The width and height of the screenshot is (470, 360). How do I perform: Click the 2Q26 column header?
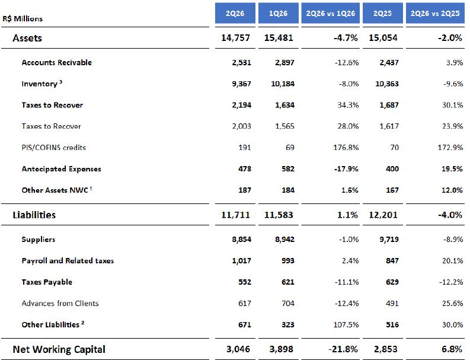235,13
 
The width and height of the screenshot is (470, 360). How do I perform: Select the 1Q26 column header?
278,13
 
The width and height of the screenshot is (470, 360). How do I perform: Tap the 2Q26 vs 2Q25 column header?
435,13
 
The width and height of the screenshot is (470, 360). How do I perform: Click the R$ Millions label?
23,18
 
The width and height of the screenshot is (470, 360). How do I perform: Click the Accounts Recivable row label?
57,62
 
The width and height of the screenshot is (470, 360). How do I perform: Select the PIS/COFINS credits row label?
54,148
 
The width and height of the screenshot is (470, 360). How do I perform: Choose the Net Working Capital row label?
59,349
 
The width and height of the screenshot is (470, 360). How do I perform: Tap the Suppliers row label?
39,240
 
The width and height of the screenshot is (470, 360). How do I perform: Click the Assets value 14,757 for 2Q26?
235,38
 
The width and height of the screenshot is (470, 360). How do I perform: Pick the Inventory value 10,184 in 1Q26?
283,84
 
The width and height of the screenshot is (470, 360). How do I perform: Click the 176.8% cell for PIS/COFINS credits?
346,148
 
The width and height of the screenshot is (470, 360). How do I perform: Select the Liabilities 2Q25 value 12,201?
383,215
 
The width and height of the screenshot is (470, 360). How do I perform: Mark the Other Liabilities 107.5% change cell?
346,324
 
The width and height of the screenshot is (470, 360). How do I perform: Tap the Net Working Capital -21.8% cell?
343,349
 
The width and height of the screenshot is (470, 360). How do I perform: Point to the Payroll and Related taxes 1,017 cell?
242,261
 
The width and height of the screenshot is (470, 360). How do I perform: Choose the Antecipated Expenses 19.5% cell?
452,169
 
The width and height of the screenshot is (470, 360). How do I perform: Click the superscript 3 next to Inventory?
60,81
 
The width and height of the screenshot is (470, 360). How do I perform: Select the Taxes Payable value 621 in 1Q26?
288,282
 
